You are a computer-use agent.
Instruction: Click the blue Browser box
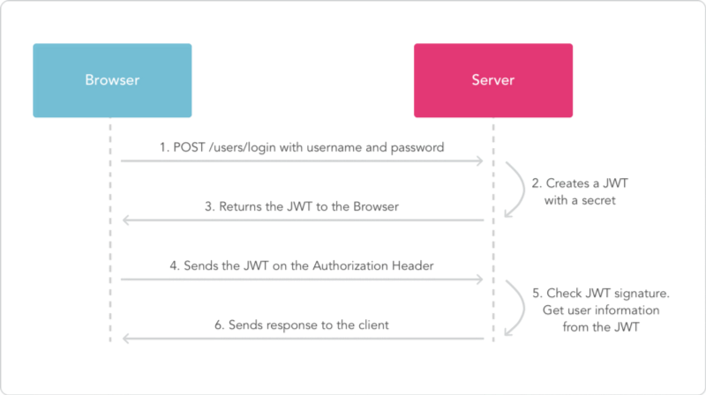tap(112, 80)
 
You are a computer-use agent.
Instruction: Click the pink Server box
tap(493, 80)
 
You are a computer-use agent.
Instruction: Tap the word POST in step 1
tap(189, 147)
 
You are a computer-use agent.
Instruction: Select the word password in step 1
tap(417, 148)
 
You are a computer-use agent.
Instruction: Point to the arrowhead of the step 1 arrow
tap(479, 160)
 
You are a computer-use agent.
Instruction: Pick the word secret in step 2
tap(598, 201)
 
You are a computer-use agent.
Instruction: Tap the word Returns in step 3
tap(240, 207)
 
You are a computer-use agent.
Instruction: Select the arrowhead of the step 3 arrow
tap(126, 220)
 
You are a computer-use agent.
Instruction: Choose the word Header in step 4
tap(412, 266)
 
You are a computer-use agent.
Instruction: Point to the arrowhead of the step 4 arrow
tap(479, 279)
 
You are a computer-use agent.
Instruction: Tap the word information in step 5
tap(628, 310)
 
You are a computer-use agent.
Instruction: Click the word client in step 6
tap(373, 325)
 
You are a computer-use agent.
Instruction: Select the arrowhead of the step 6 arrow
tap(126, 339)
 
